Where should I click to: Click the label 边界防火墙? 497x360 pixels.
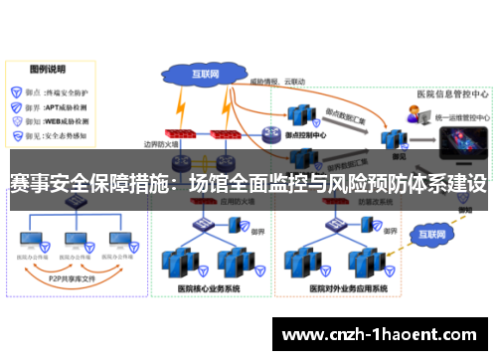(x=163, y=144)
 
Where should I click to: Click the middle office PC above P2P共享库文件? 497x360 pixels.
(x=76, y=241)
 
